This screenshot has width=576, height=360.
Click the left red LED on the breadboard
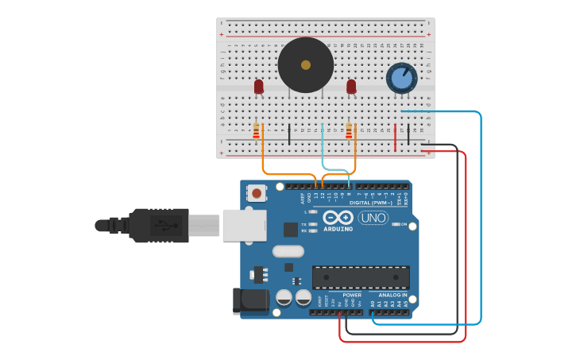(x=258, y=86)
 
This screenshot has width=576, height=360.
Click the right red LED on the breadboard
(x=351, y=86)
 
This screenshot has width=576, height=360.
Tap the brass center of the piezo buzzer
(x=306, y=65)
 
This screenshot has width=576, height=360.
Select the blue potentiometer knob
(x=401, y=79)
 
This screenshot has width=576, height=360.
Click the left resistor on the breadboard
(x=256, y=131)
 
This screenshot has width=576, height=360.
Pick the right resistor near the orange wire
(x=349, y=131)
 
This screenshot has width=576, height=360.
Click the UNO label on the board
(x=373, y=218)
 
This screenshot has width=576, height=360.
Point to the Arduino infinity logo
(x=338, y=218)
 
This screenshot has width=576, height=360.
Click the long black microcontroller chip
(x=361, y=277)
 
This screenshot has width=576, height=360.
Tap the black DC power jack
(x=248, y=300)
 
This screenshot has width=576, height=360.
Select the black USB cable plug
(x=159, y=225)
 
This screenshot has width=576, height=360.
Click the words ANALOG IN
(x=392, y=295)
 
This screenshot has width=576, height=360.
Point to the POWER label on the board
(x=352, y=295)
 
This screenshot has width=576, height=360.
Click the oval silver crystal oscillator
(x=288, y=251)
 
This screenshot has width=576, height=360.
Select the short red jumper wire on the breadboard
(x=396, y=137)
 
